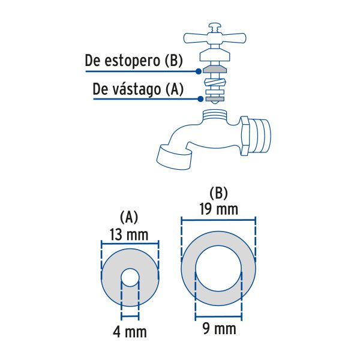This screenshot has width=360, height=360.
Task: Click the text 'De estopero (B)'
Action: (x=133, y=61)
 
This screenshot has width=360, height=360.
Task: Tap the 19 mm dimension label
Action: (x=219, y=209)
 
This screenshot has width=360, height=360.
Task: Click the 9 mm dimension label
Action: (x=219, y=329)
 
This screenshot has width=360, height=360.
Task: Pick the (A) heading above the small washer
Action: (x=130, y=216)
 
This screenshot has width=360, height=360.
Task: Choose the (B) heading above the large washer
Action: (x=219, y=193)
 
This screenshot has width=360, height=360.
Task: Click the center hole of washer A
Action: (x=130, y=278)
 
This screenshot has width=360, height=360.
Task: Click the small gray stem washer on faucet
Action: (x=214, y=98)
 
